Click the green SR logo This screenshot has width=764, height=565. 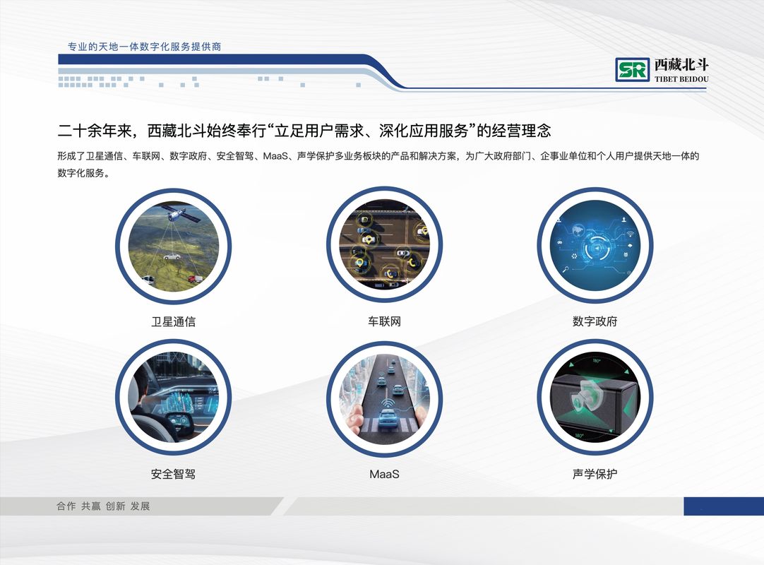pos(633,69)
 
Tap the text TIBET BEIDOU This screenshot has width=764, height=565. pos(681,79)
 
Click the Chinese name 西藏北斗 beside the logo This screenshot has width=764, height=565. pos(681,64)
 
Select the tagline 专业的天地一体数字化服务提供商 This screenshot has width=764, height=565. pos(144,47)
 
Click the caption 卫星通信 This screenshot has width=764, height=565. pos(174,321)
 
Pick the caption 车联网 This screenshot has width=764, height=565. pos(384,321)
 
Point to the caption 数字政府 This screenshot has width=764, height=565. pos(595,321)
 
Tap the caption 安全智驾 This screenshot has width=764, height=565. pos(174,474)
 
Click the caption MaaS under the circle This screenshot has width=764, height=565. pos(384,474)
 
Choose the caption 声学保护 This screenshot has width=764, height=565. pos(595,474)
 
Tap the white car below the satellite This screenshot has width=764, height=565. pos(172,256)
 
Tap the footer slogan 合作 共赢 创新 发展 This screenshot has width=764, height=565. pos(103,506)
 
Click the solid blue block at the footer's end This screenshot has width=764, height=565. pos(724,506)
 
